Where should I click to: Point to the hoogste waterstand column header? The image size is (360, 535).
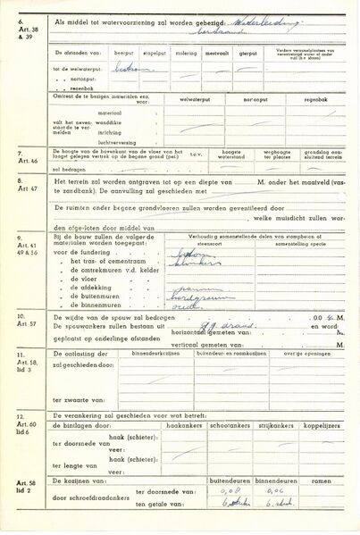pos(243,155)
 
